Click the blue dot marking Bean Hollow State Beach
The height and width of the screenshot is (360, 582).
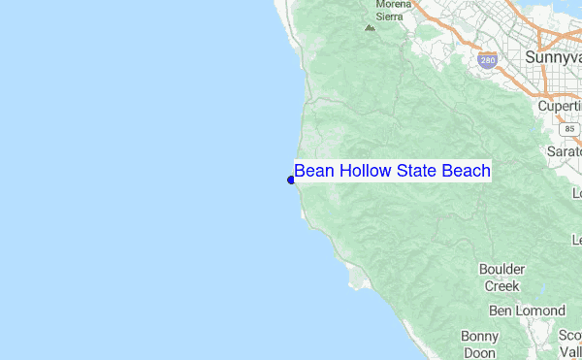click(x=291, y=180)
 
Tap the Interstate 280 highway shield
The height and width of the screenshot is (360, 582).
click(x=487, y=59)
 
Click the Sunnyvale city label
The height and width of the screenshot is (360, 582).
click(x=553, y=57)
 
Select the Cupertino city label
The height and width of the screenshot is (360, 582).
click(x=561, y=105)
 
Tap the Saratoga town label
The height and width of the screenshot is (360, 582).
click(x=565, y=152)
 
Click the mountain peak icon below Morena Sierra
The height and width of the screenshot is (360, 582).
click(x=369, y=27)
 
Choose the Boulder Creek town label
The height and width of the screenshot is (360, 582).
click(x=502, y=278)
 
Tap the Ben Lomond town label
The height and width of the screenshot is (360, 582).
click(x=527, y=311)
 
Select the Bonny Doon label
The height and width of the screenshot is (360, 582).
click(x=480, y=344)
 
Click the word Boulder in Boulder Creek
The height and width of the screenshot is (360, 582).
click(x=502, y=269)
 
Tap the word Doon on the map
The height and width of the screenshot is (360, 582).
click(x=480, y=353)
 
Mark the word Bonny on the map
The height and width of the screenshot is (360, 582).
click(x=480, y=336)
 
